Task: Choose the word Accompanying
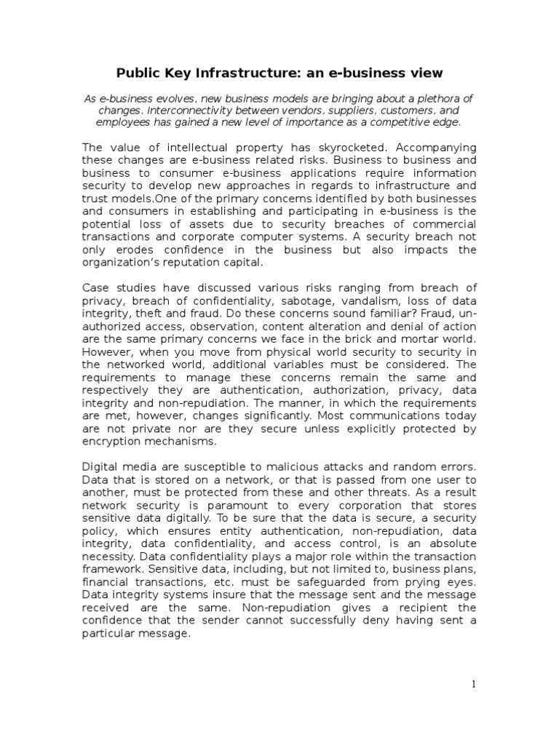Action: [x=435, y=146]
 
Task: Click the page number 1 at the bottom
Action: [x=473, y=683]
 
